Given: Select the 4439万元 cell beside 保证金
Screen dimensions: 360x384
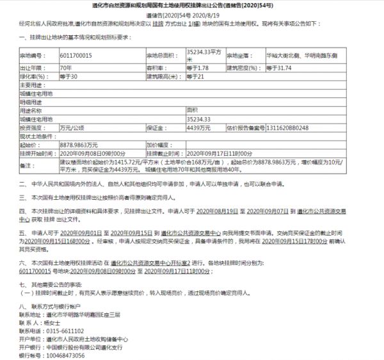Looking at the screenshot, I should click(198, 127).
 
